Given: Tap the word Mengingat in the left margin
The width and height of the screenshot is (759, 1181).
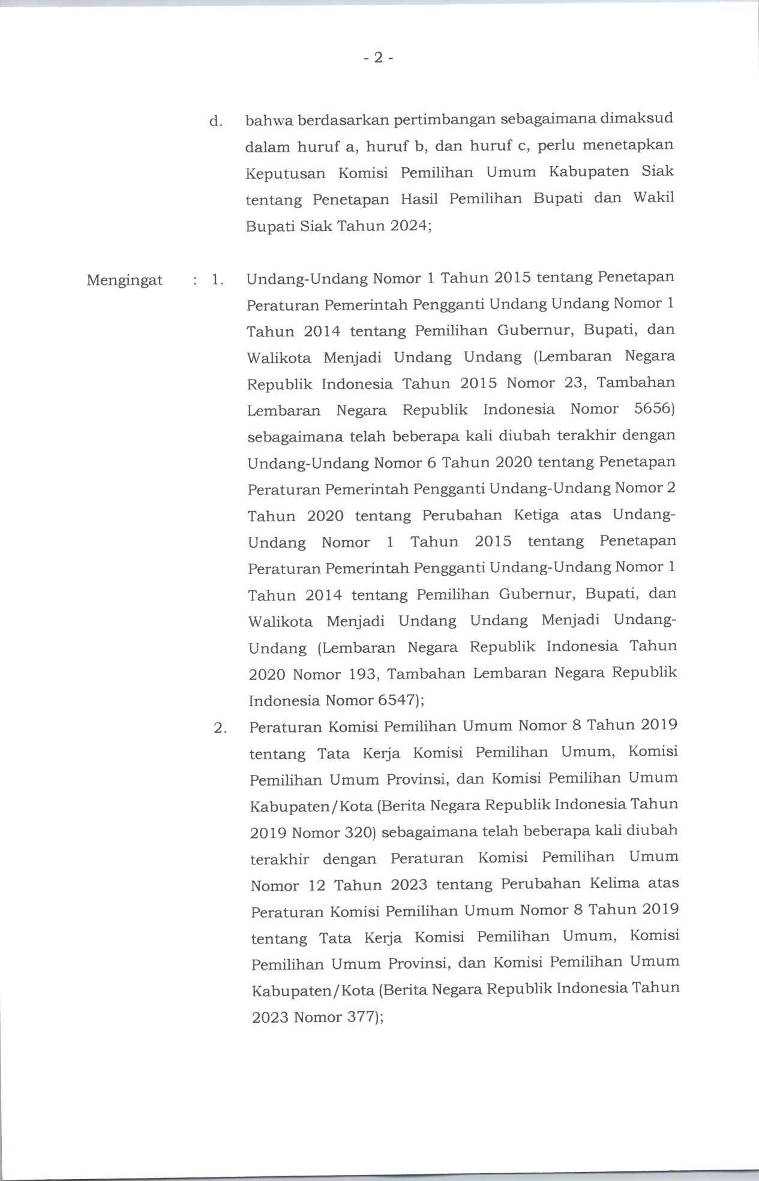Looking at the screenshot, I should coord(125,280).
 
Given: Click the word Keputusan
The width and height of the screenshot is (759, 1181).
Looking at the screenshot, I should coord(286,173).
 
